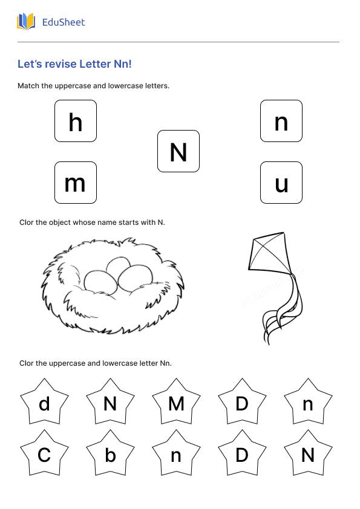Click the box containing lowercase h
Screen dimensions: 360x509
[x=76, y=121]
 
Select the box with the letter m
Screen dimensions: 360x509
[x=76, y=183]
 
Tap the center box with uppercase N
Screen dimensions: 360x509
[x=178, y=151]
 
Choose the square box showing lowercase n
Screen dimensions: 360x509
[x=281, y=121]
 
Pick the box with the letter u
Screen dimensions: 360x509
[x=281, y=183]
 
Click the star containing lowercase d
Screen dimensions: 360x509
[x=44, y=403]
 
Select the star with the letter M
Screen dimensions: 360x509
[x=176, y=403]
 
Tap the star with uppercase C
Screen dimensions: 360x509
[x=44, y=455]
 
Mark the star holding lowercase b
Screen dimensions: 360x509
[x=110, y=455]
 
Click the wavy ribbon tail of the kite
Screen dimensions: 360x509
[x=281, y=311]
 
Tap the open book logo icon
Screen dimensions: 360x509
[x=26, y=22]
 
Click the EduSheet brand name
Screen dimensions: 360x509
[x=64, y=22]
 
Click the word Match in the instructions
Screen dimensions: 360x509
[x=28, y=86]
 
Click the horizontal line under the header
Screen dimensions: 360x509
[x=178, y=42]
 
